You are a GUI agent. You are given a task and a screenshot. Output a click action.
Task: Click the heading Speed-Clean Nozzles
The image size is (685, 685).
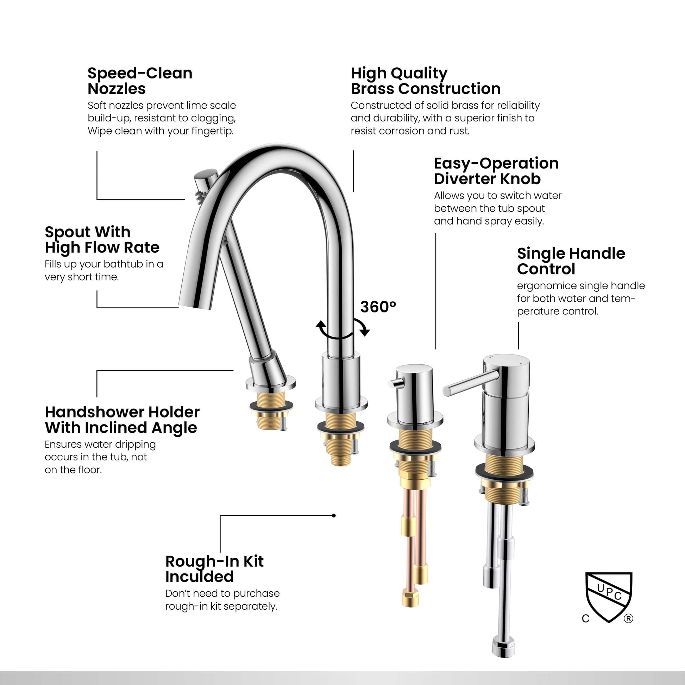pos(140,81)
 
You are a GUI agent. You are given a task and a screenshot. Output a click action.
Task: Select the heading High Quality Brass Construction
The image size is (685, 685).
pos(426,81)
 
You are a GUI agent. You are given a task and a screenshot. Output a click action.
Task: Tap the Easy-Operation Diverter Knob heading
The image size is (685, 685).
pos(496,171)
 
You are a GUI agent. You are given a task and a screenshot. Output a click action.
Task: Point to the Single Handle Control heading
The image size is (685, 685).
pos(571,261)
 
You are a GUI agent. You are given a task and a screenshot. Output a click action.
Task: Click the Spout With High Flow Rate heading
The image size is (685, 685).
pos(102,240)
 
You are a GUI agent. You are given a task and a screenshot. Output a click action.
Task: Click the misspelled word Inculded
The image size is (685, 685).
pos(199,577)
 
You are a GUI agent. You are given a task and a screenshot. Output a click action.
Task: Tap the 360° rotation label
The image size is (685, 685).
pos(378,307)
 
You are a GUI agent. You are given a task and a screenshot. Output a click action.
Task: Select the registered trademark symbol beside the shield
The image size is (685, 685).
pos(628,619)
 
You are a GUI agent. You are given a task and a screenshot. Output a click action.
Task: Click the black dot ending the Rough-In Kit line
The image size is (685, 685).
pos(334,516)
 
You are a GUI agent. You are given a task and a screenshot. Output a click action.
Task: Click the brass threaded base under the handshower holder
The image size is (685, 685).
pos(271,410)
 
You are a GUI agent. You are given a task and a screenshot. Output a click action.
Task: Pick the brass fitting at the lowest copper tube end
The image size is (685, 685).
pos(410,598)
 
